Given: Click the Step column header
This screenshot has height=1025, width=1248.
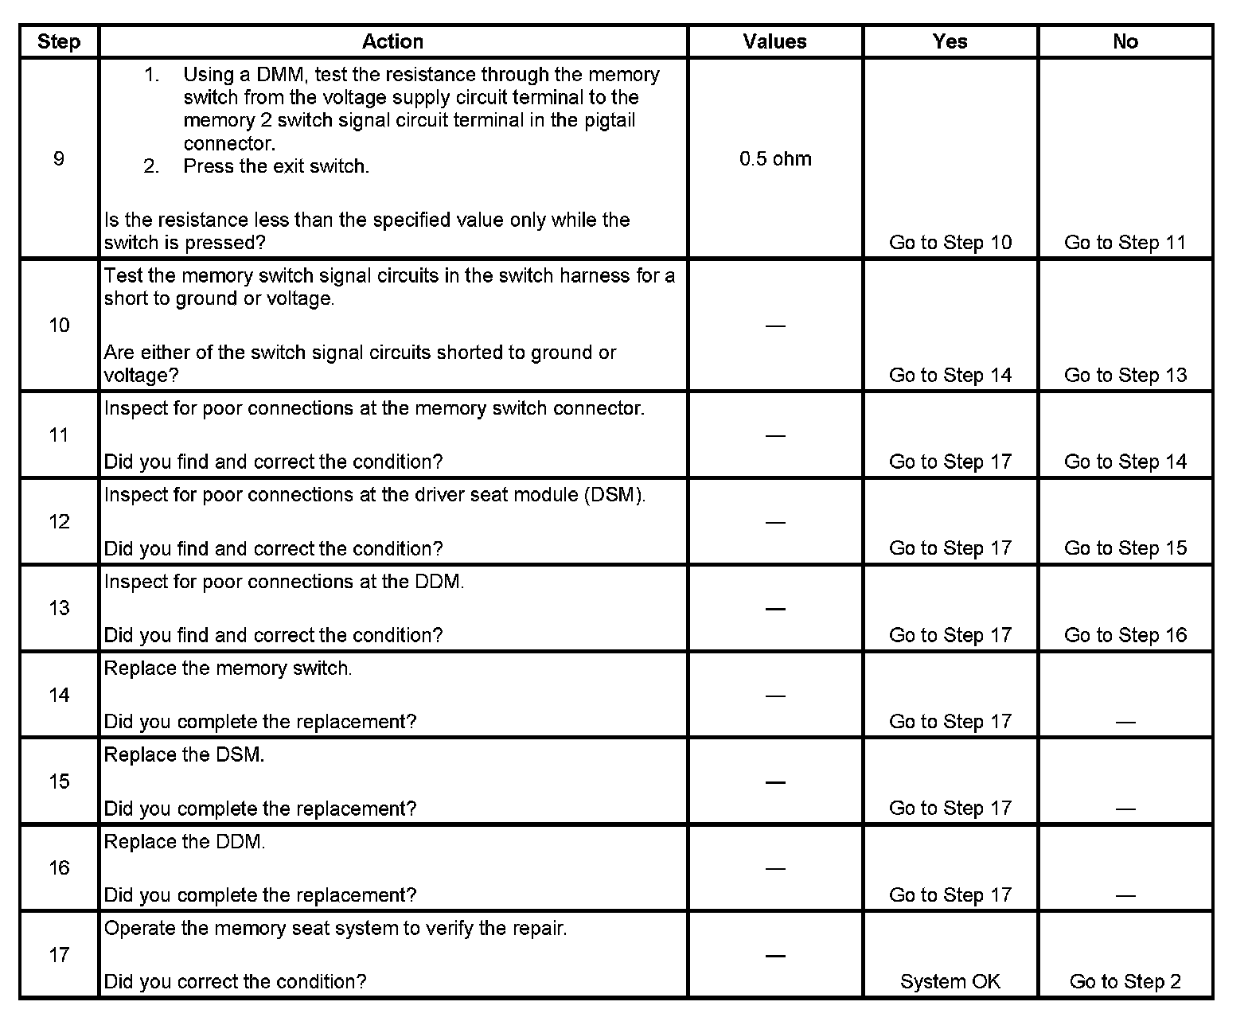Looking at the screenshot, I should coord(59,41).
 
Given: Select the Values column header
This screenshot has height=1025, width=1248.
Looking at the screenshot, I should coord(774,41).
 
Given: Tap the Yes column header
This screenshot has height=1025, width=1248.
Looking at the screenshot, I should coord(950,41).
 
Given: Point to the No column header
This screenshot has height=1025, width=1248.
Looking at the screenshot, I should coord(1125,41).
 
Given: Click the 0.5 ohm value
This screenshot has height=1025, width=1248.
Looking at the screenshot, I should coord(774,158).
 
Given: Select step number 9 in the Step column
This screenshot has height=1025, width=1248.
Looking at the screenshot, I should coord(59,158).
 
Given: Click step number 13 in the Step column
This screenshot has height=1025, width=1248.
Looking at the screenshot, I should coord(59,608).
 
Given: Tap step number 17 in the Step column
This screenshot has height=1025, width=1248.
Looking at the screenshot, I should coord(59,954).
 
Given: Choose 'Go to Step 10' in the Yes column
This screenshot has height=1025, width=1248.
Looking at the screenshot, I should coord(950,243).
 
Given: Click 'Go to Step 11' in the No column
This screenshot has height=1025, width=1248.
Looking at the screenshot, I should coord(1125,243).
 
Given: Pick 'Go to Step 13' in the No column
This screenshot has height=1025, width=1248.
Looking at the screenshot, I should coord(1125,375).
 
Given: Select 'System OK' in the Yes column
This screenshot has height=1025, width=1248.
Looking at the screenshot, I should coord(950,981).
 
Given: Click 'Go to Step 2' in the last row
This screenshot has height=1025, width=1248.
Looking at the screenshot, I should coord(1125,981).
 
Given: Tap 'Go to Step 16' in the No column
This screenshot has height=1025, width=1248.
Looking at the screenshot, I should coord(1125,635).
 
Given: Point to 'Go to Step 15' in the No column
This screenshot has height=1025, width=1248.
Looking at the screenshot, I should coord(1125,548).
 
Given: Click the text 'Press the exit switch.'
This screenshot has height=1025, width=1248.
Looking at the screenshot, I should coord(275,166).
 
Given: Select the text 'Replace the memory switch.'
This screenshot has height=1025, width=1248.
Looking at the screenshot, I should coord(228,668).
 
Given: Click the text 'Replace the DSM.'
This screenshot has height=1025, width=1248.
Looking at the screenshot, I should coord(184,755).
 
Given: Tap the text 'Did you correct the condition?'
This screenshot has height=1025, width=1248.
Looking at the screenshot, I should coord(235,981).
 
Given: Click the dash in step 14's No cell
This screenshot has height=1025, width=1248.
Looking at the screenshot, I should coord(1125,722).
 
